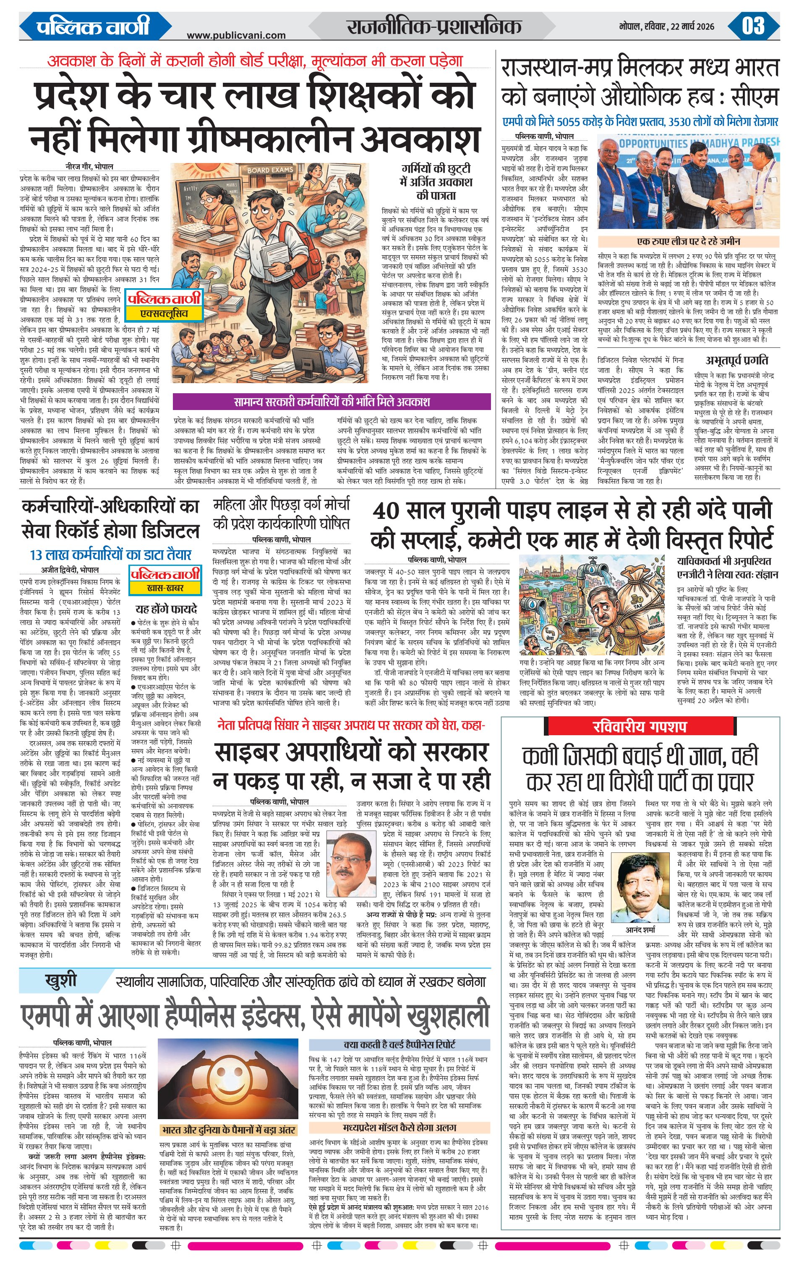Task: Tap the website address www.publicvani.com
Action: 236,35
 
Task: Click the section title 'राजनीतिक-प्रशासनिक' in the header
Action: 433,26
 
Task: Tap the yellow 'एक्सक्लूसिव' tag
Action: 163,313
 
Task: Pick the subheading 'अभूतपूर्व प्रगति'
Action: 737,360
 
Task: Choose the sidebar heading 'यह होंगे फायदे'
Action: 166,609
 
